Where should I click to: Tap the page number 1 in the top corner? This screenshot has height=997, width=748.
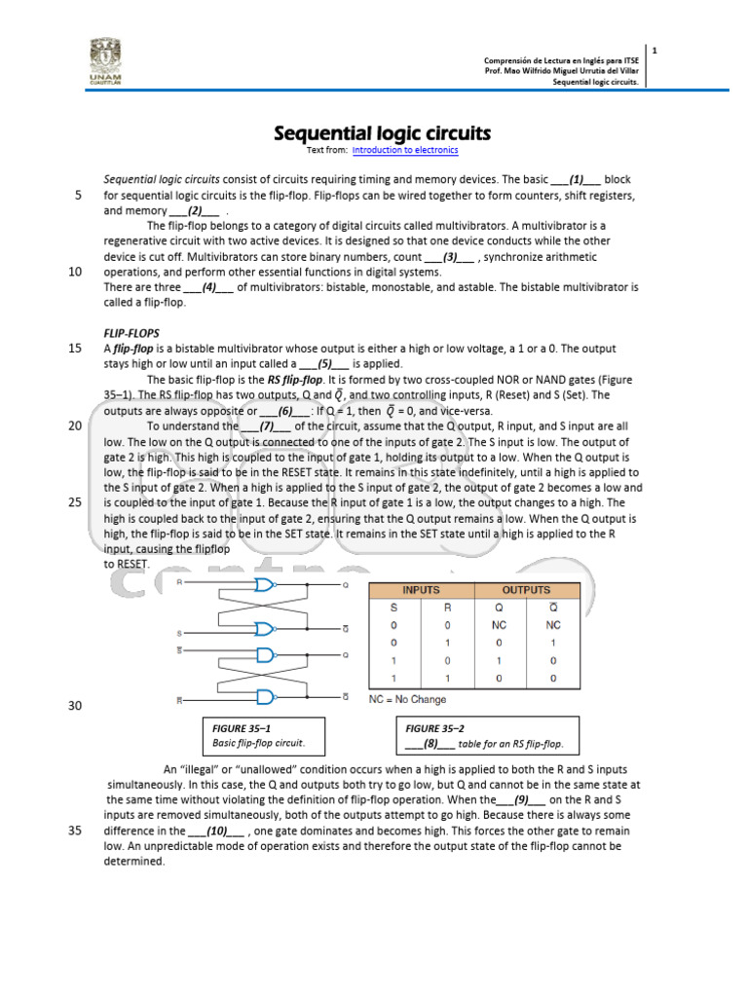(x=654, y=50)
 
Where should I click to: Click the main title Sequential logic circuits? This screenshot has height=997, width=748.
(x=381, y=132)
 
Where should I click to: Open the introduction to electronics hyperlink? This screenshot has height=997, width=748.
(x=405, y=151)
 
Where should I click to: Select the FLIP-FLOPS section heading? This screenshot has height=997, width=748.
(x=131, y=332)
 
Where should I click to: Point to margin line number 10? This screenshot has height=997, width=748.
(x=75, y=273)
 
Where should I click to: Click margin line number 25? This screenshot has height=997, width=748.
(x=75, y=502)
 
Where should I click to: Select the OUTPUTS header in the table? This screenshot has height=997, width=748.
(x=526, y=590)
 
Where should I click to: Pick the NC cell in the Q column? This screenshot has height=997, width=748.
(x=500, y=625)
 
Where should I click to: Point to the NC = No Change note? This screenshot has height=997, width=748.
(x=408, y=699)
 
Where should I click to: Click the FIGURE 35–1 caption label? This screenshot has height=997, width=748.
(x=241, y=728)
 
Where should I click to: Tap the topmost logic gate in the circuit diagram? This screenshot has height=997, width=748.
(x=264, y=585)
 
